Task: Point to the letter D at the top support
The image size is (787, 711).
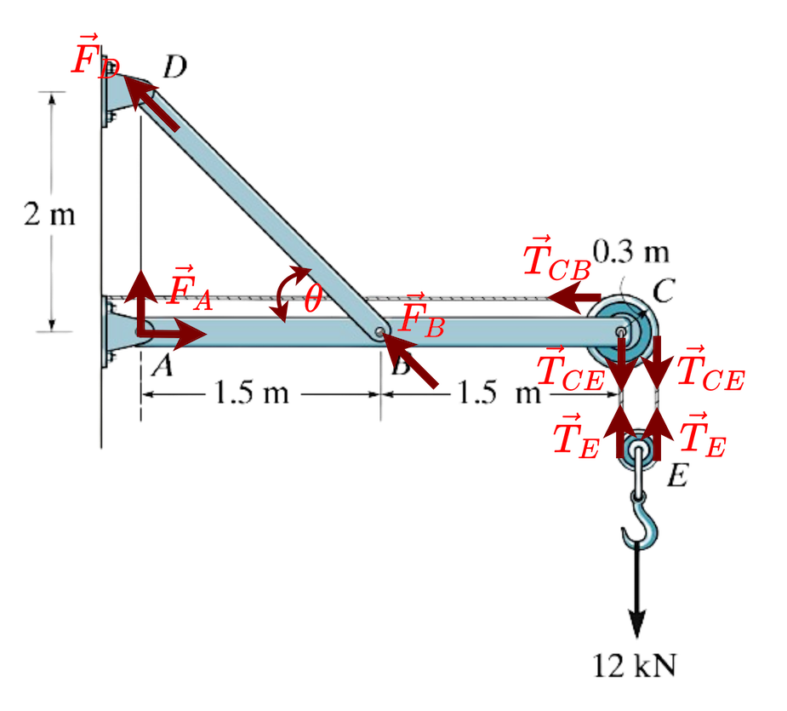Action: click(x=176, y=66)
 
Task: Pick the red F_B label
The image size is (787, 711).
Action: click(x=421, y=317)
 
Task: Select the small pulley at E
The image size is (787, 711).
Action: click(x=639, y=451)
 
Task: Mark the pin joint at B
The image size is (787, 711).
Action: click(x=380, y=332)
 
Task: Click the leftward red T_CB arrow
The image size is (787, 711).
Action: click(x=575, y=298)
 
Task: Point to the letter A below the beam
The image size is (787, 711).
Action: click(x=162, y=365)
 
